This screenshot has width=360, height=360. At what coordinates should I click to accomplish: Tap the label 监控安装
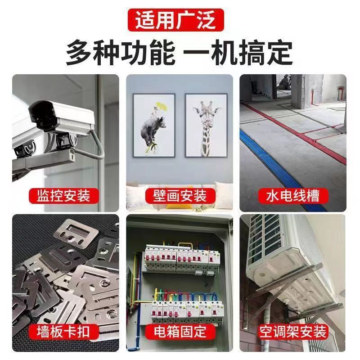60,196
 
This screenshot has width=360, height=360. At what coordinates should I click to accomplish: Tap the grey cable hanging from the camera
97,144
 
